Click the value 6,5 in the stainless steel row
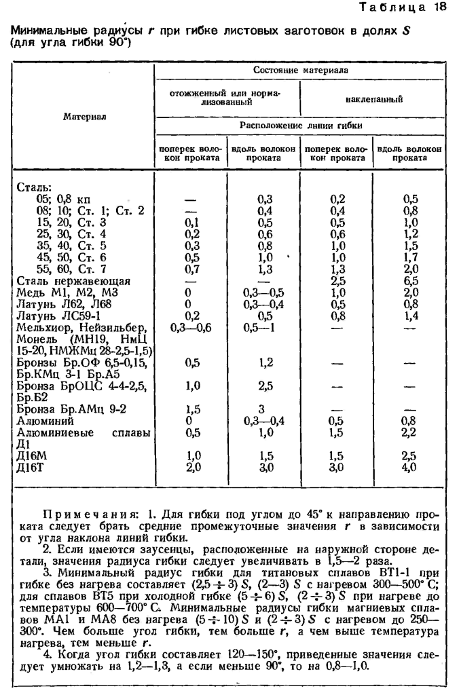tap(410, 280)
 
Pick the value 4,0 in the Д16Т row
tap(410, 467)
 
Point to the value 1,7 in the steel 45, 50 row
tap(410, 257)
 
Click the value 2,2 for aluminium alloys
tap(410, 432)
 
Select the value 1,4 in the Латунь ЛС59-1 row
tap(410, 315)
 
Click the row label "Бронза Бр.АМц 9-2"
tap(64, 409)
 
